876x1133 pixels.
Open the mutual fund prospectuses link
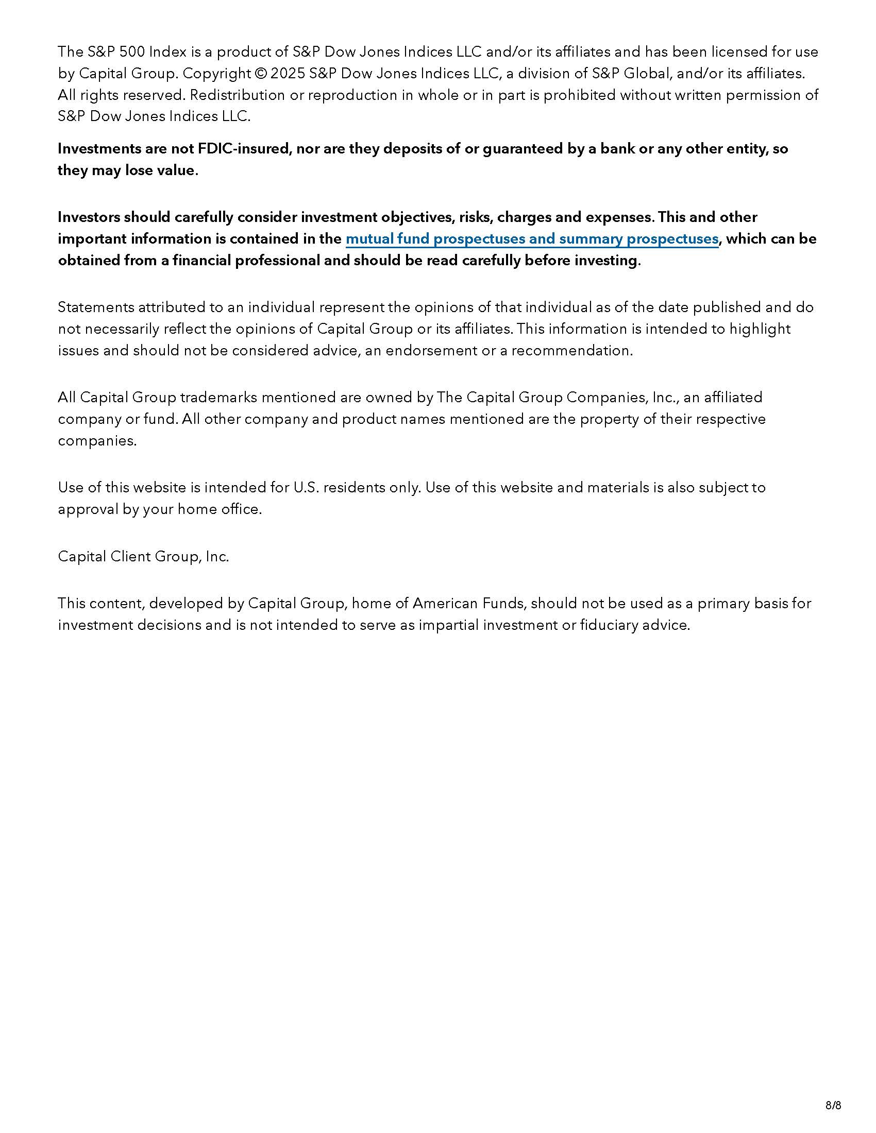(532, 238)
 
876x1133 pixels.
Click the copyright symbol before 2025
(260, 74)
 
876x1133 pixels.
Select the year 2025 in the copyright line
(288, 74)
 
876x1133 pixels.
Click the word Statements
(95, 307)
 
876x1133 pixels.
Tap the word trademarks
(218, 398)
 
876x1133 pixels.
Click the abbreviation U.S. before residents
(306, 488)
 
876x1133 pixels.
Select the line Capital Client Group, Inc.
(143, 557)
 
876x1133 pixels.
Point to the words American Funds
(469, 604)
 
